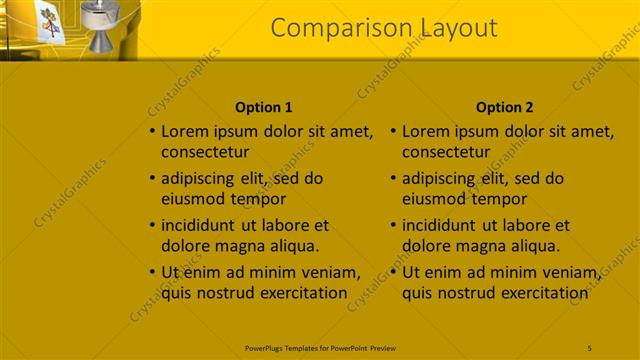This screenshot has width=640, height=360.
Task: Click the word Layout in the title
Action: pos(452,28)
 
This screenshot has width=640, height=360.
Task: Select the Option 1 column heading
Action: pos(264,107)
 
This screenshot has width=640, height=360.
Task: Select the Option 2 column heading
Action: pos(505,107)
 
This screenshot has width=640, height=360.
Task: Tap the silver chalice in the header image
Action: pos(102,27)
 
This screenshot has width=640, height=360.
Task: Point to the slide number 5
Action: pos(590,347)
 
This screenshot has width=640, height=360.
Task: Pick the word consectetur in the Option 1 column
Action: pos(205,152)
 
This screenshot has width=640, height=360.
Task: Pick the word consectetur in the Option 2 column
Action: pos(446,152)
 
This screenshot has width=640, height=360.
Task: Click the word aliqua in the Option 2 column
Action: pos(536,246)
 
